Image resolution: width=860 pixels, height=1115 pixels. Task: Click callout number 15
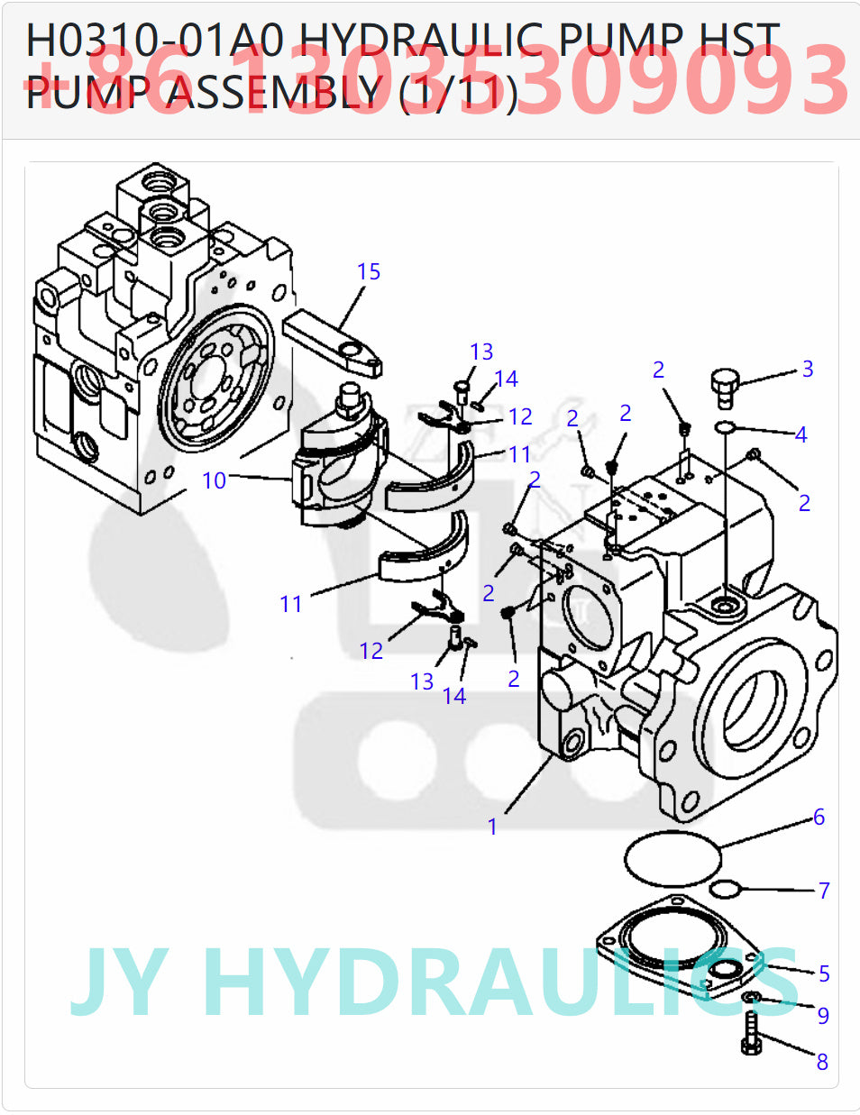(368, 271)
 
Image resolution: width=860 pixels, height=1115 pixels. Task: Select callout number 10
(214, 480)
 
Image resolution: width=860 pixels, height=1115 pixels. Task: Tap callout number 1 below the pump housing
(492, 827)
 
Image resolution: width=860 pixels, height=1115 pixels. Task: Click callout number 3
(808, 369)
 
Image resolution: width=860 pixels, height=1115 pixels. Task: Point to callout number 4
(801, 434)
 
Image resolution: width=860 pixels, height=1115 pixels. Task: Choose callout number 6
(819, 817)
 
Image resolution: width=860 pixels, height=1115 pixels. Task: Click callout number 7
(823, 891)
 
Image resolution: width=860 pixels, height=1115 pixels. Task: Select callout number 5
(824, 973)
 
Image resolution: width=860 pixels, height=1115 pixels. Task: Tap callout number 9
(822, 1016)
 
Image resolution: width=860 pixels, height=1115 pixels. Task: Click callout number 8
(821, 1062)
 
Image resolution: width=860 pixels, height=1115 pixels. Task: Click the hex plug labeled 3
(723, 386)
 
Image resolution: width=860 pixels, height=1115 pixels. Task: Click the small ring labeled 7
(724, 891)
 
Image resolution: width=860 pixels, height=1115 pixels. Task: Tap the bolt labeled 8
(751, 1033)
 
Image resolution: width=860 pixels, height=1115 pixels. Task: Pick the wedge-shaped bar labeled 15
(334, 340)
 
